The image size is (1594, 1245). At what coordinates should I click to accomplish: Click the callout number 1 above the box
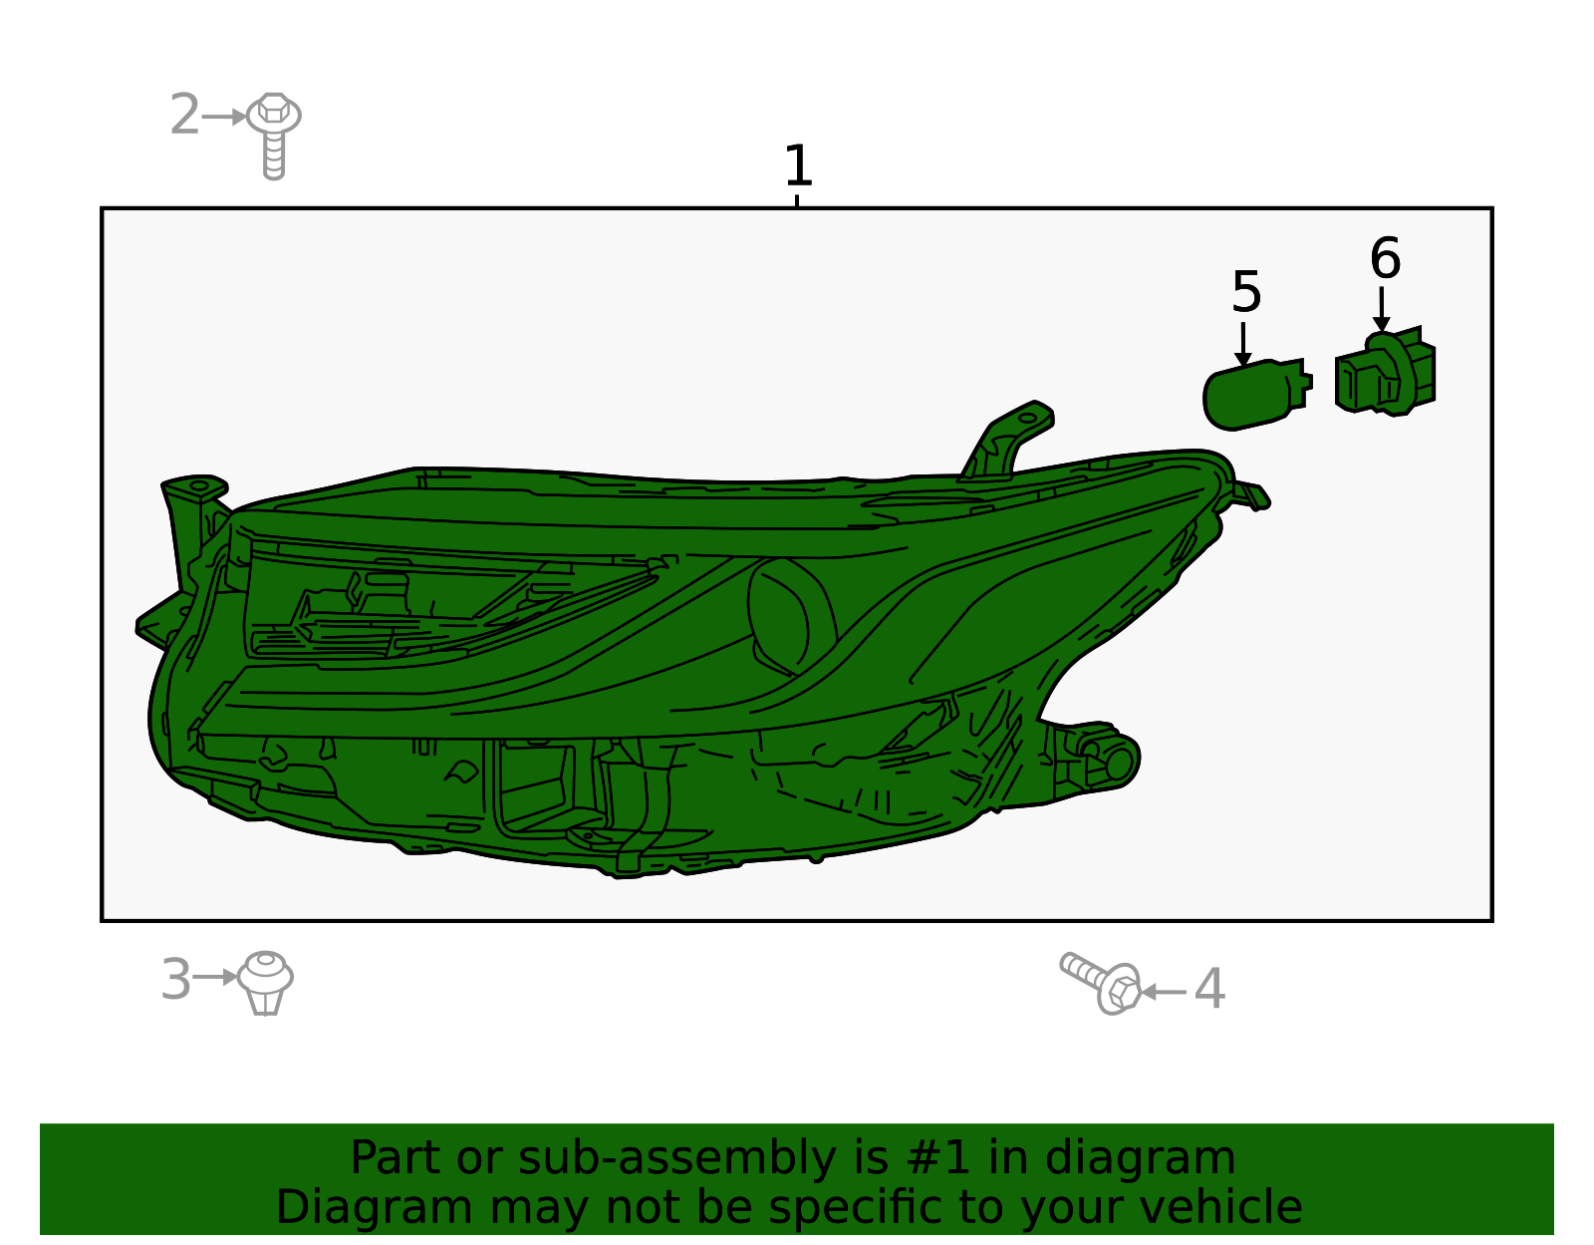[798, 165]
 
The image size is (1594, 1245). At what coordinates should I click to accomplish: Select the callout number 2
[184, 115]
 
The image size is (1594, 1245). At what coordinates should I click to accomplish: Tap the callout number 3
[176, 979]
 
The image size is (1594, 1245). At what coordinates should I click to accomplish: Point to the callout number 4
[1209, 988]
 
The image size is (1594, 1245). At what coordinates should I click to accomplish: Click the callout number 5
[1246, 292]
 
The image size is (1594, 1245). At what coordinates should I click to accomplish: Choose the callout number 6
[1385, 258]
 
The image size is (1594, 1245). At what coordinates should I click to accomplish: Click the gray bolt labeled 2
[274, 136]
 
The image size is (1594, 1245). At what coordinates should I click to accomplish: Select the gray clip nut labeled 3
[266, 983]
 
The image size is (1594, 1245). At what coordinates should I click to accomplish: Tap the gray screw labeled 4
[1100, 983]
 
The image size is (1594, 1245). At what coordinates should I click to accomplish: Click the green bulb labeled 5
[1256, 394]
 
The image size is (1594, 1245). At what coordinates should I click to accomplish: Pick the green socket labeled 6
[1385, 372]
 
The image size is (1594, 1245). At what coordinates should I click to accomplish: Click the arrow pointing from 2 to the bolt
[224, 117]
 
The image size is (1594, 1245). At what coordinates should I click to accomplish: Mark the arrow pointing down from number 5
[1242, 344]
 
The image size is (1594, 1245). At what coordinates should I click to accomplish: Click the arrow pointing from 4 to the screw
[1165, 992]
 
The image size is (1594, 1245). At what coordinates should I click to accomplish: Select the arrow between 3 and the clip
[215, 977]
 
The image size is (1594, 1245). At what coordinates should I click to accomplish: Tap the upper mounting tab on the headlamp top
[1007, 441]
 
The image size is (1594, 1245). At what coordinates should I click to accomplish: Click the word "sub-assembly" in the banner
[676, 1157]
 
